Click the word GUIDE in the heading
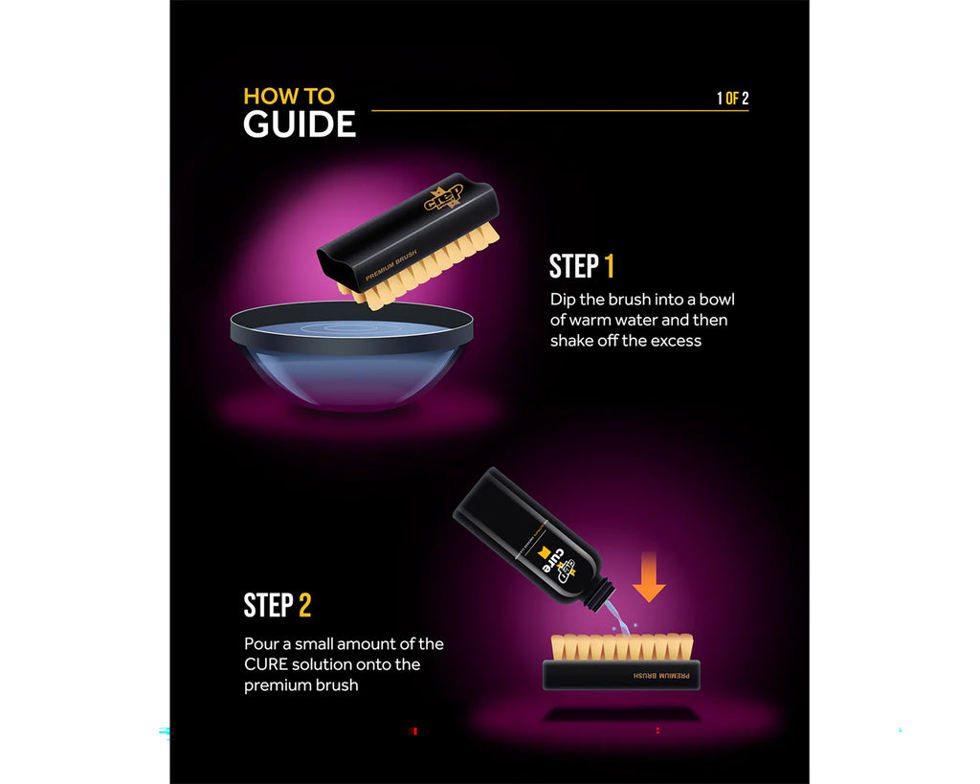click(x=299, y=124)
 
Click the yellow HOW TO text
click(x=288, y=96)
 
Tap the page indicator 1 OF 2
click(x=732, y=98)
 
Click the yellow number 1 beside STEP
click(x=609, y=266)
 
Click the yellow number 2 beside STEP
click(x=304, y=605)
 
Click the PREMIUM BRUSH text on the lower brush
click(x=659, y=675)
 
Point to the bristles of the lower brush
click(x=621, y=646)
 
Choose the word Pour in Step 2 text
click(x=260, y=643)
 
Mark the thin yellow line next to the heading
click(x=536, y=111)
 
